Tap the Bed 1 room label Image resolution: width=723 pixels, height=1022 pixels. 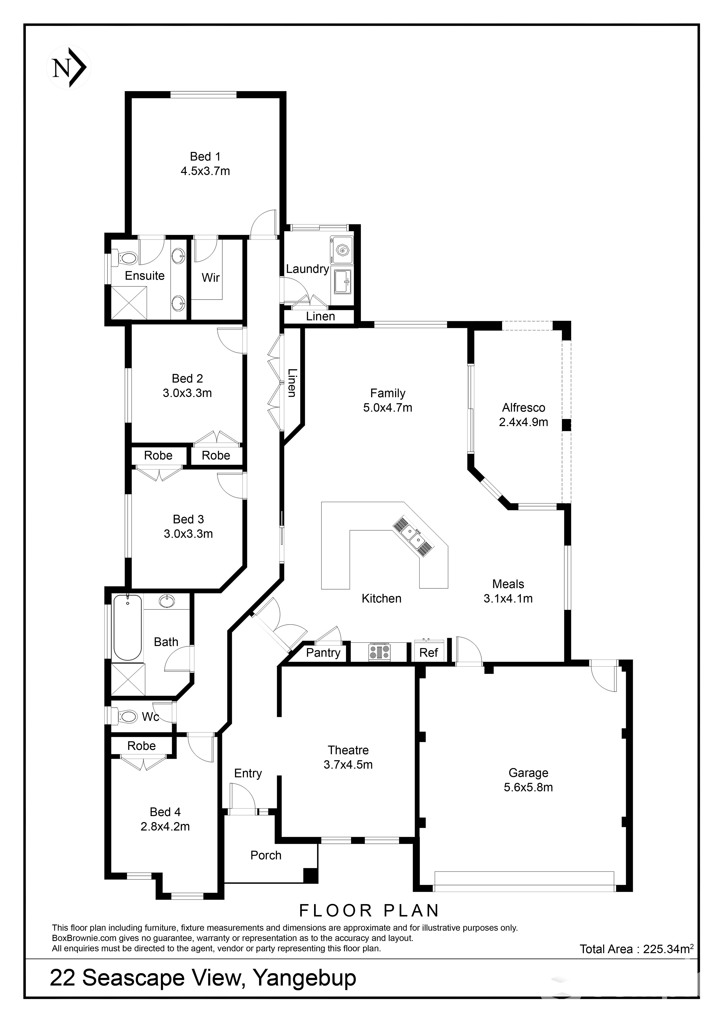(x=205, y=157)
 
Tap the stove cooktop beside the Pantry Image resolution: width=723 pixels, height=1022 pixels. (x=379, y=652)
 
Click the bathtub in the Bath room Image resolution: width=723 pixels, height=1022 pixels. (x=128, y=627)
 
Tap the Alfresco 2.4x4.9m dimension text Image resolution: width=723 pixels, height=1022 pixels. (x=524, y=422)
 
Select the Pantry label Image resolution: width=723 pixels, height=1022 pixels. (x=323, y=653)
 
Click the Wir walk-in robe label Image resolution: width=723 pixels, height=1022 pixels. (x=211, y=278)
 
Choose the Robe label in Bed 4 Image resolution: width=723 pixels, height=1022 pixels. (x=142, y=746)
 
